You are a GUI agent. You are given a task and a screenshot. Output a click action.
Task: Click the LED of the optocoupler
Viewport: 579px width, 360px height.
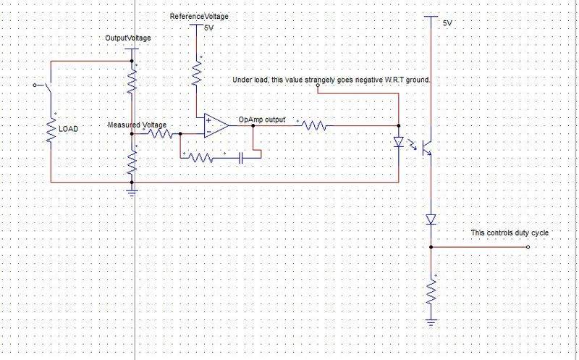point(397,142)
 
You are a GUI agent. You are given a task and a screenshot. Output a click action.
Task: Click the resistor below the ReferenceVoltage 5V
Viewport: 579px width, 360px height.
point(195,72)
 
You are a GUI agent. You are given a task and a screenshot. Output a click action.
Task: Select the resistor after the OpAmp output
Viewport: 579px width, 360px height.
point(315,125)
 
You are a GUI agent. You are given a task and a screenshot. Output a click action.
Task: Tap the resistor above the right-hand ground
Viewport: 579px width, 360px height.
point(431,293)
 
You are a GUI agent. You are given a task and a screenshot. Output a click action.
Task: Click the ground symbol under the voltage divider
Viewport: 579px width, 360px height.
point(132,192)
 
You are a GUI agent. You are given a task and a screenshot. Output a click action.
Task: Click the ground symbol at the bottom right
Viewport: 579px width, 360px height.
point(431,319)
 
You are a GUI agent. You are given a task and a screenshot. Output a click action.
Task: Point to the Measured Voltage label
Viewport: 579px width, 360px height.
point(138,125)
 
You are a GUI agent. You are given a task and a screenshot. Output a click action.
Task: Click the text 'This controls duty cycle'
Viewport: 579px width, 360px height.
point(510,233)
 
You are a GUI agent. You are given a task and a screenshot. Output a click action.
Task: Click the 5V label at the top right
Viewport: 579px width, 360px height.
point(447,23)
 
